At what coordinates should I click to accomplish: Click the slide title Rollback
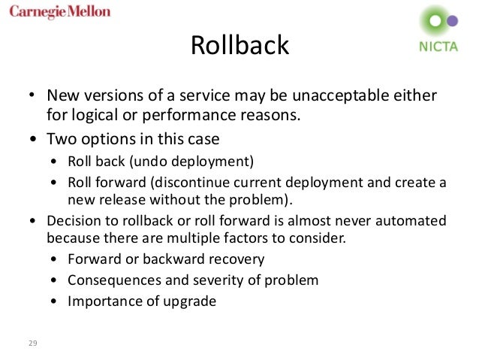click(x=239, y=45)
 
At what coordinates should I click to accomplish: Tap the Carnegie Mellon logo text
click(x=60, y=12)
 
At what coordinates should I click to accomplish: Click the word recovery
click(x=238, y=261)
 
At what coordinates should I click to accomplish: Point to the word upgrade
click(x=190, y=303)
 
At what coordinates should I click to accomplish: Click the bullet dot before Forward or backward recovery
click(x=56, y=261)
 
